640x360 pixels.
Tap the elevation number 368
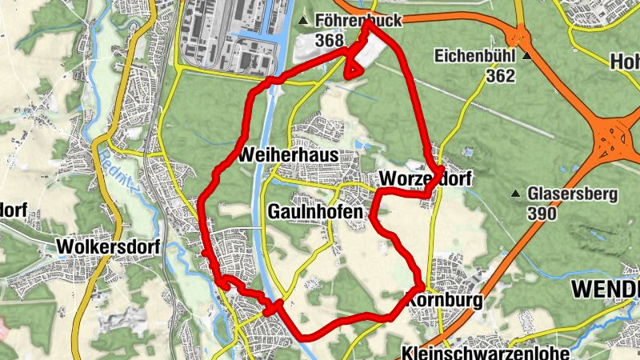click(x=330, y=40)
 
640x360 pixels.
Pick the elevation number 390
click(x=542, y=214)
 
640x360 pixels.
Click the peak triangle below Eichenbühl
click(x=527, y=57)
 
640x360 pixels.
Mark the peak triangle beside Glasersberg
click(x=517, y=194)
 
